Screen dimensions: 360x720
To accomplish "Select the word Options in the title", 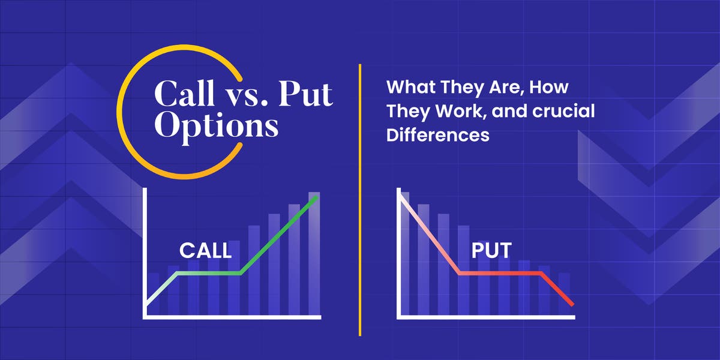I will [216, 127].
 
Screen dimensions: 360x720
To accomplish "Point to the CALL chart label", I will [205, 250].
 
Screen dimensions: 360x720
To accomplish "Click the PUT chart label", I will [491, 250].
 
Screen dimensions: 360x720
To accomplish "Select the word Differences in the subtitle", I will [437, 135].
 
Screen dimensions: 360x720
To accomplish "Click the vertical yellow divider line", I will [360, 240].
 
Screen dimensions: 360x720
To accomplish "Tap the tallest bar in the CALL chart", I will [314, 252].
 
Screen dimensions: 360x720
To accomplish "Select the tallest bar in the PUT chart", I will [404, 252].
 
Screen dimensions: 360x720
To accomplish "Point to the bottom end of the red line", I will [572, 305].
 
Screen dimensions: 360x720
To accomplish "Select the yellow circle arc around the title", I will [123, 120].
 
